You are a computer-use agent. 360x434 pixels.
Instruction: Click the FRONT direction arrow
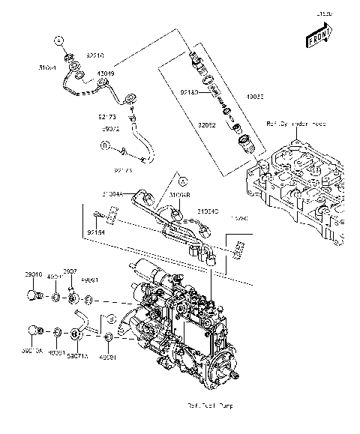pos(318,34)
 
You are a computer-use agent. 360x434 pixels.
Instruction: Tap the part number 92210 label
pos(95,55)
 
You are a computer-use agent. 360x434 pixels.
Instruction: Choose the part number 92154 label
pos(95,233)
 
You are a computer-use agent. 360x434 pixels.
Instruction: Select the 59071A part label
pos(76,352)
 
